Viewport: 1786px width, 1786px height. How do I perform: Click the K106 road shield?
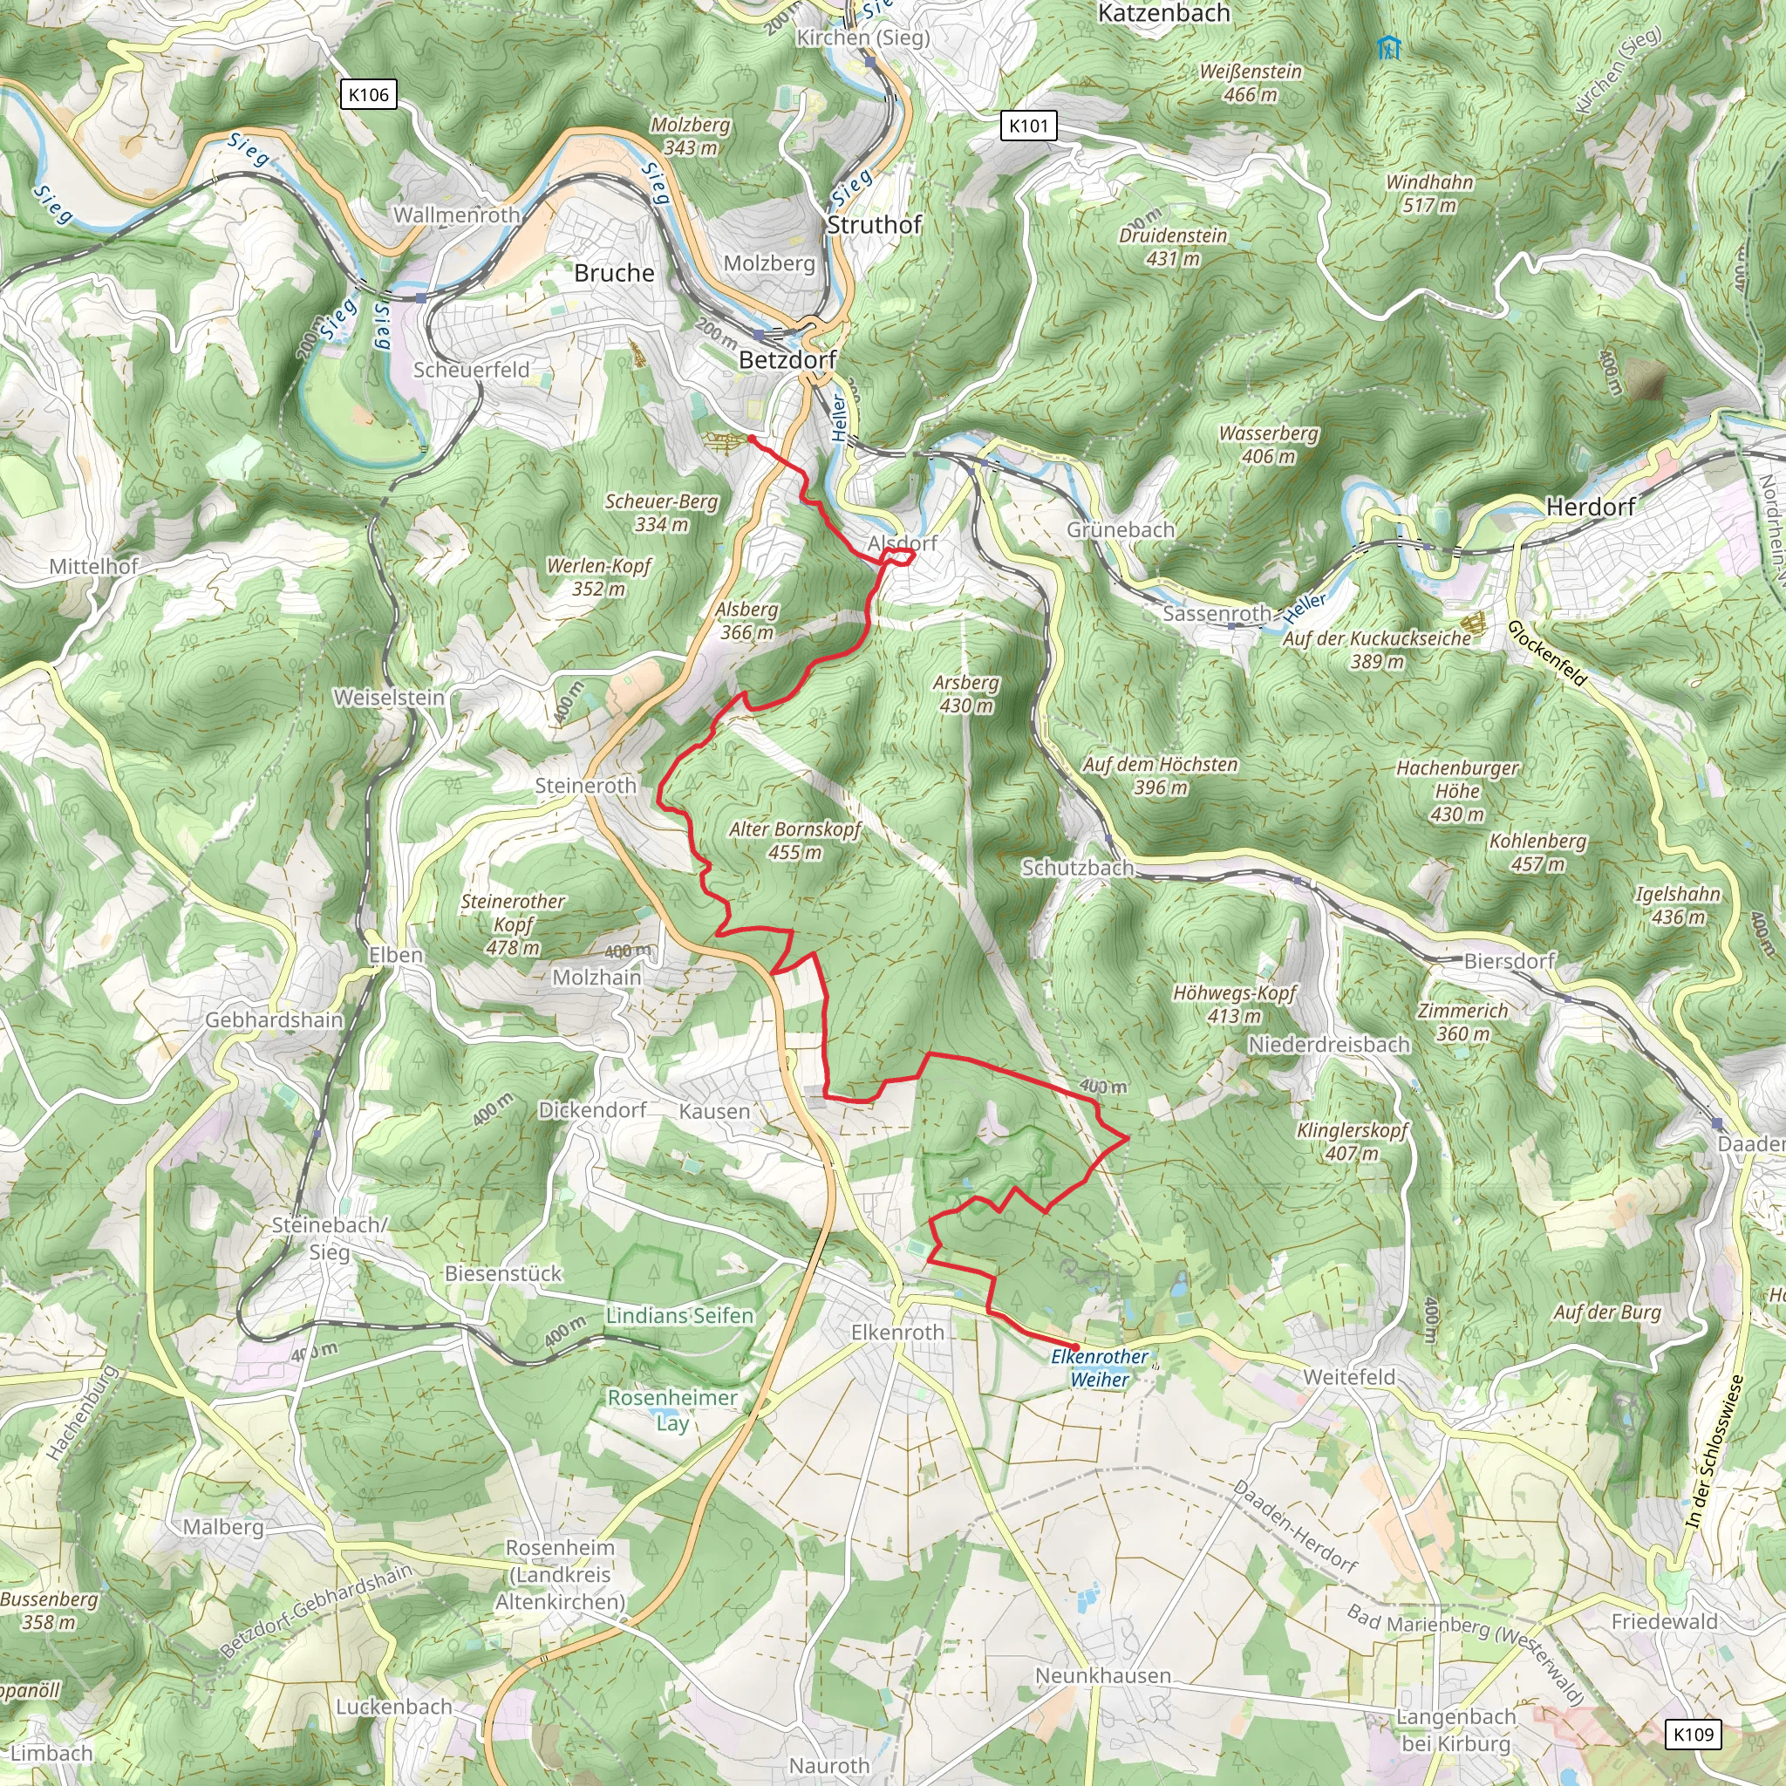click(369, 94)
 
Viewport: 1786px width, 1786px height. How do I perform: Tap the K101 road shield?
click(1028, 126)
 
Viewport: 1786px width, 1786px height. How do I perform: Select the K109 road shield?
click(1694, 1735)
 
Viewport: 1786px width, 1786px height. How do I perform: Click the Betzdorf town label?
click(787, 359)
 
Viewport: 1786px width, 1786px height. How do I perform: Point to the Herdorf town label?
click(1590, 507)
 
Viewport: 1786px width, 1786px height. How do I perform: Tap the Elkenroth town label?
click(897, 1333)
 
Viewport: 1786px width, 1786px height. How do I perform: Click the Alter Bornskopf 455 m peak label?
click(795, 841)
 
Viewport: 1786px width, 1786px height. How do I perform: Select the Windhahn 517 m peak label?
click(1429, 194)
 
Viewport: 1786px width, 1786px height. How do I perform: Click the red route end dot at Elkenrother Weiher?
click(1075, 1346)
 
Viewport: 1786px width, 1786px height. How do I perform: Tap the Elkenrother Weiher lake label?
click(1099, 1368)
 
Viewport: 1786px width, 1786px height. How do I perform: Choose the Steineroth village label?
click(585, 786)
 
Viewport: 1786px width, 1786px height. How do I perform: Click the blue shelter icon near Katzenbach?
click(1387, 47)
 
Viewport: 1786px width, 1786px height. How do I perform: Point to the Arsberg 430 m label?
click(966, 693)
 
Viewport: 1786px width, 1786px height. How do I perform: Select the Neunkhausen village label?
click(1102, 1675)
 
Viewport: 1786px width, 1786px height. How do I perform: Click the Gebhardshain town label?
click(274, 1019)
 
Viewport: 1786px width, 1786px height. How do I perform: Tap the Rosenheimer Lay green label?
click(672, 1409)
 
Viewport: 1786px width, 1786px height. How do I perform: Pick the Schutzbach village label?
click(1077, 867)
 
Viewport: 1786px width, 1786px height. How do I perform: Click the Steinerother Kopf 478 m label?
click(513, 924)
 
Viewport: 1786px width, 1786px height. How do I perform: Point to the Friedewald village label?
click(1664, 1621)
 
